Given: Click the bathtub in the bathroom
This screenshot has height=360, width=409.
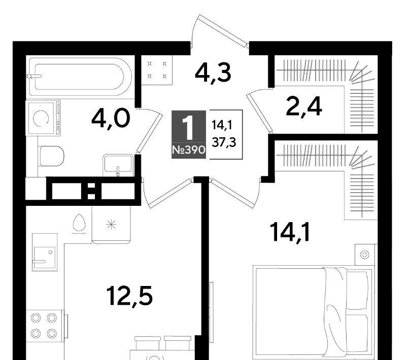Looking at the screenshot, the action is coord(80,77).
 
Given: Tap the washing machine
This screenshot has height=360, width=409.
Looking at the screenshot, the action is coord(43,118).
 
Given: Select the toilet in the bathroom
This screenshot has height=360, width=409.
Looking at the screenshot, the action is coord(51,156).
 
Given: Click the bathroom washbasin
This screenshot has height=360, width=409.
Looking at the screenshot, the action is coord(118,165).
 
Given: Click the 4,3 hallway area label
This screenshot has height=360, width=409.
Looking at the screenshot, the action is coord(213,73).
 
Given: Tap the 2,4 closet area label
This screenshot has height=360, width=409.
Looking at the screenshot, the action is coord(304,106).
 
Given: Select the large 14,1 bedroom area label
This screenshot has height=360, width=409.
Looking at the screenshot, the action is coord(290,232).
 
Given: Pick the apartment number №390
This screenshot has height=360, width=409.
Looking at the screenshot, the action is coord(189,150).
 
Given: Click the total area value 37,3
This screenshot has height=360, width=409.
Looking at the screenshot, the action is coord(224,142).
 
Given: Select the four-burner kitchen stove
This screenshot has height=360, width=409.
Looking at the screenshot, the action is coord(45,326).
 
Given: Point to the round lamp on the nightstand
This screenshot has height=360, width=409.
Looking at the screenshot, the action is coord(365,255).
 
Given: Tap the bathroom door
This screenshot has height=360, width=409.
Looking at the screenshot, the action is coord(148,130).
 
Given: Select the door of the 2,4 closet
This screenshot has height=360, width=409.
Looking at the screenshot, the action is coord(259,111).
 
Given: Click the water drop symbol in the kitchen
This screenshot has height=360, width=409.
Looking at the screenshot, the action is coord(79,223).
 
